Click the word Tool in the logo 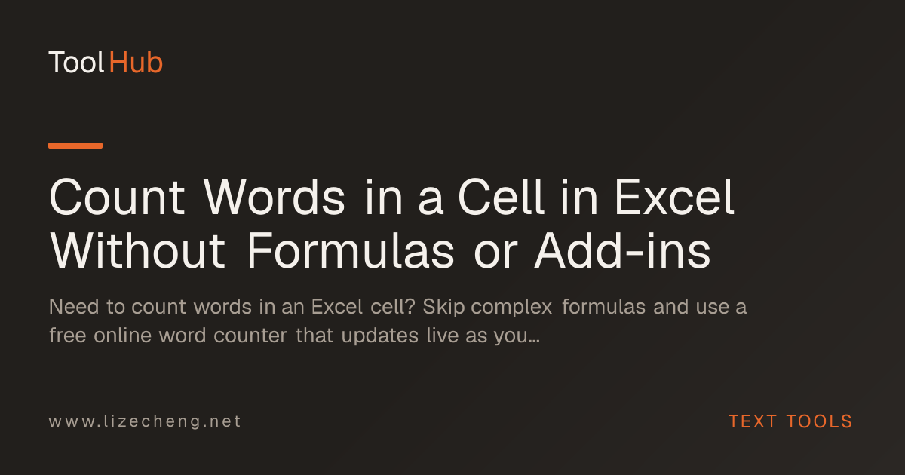(x=77, y=63)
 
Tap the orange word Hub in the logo (x=136, y=63)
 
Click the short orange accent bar (x=75, y=146)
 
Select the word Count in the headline (x=117, y=198)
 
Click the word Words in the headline (x=274, y=198)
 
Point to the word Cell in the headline (x=501, y=198)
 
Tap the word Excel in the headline (x=674, y=198)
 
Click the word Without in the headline (x=137, y=251)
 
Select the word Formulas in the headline (x=351, y=251)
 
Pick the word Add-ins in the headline (x=622, y=251)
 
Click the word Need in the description (x=74, y=307)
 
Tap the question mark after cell (x=410, y=307)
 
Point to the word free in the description (x=67, y=336)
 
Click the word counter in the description (x=250, y=336)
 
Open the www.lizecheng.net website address (x=145, y=421)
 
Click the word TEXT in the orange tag (x=753, y=421)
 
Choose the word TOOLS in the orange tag (x=819, y=421)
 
